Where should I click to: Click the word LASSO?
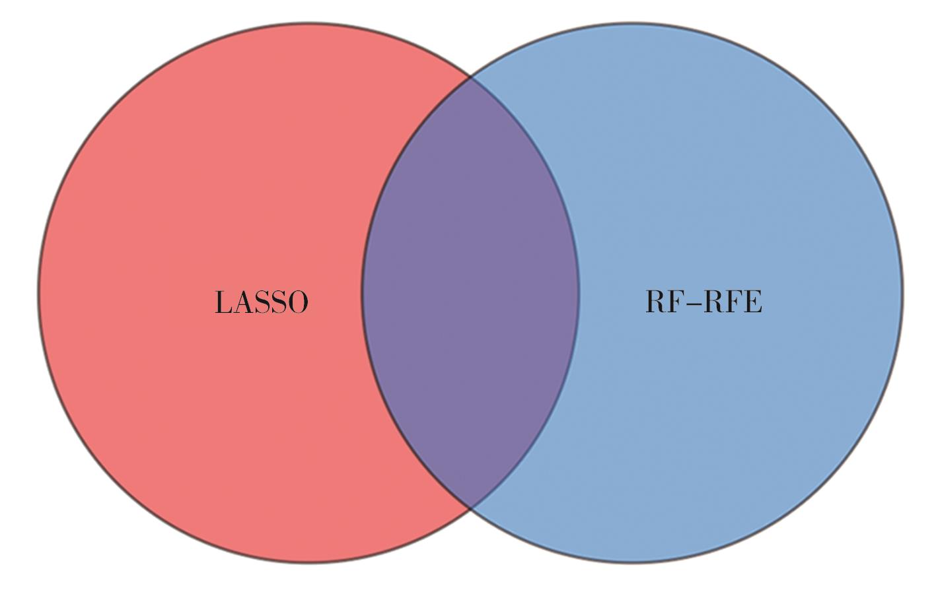[262, 302]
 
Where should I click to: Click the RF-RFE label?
[703, 301]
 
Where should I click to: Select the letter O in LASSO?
[297, 302]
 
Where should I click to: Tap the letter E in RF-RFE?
[752, 301]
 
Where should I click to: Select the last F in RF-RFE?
[733, 301]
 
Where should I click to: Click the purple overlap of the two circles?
[470, 292]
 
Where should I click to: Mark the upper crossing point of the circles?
[470, 78]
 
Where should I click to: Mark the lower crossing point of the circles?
[470, 508]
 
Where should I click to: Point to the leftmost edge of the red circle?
[38, 292]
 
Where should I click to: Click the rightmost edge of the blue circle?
[902, 292]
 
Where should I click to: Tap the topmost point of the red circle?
[308, 23]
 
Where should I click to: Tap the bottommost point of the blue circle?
[632, 562]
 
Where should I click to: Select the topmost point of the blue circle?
[632, 23]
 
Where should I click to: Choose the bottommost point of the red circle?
[308, 562]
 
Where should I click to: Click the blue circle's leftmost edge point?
[362, 292]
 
